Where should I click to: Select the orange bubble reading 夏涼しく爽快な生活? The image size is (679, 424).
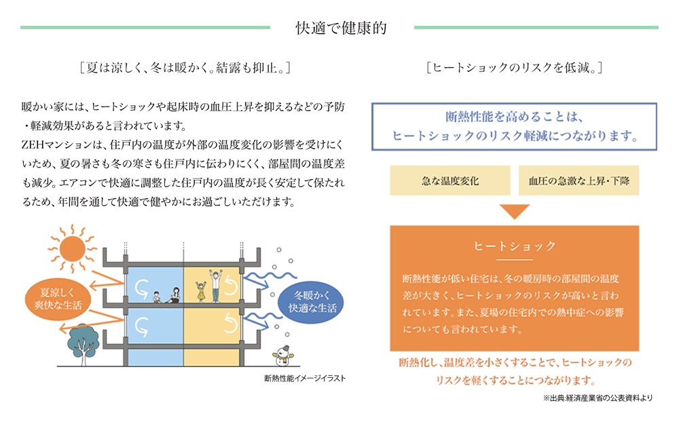[52, 299]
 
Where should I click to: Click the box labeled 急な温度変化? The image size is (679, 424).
[450, 181]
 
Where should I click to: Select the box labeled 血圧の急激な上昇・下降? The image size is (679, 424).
[578, 181]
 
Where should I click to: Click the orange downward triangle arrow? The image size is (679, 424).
[514, 210]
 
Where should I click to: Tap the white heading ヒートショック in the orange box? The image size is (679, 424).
[514, 246]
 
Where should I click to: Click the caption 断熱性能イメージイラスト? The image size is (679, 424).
[306, 379]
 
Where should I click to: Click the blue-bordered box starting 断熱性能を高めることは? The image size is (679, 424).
[514, 126]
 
